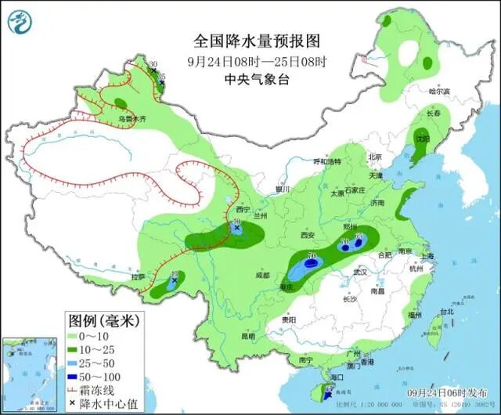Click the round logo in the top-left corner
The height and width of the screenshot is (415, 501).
coord(21,24)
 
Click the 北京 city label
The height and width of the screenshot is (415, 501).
coord(374,157)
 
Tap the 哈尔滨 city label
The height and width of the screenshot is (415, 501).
coord(439,92)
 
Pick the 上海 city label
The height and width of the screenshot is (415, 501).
coord(427,255)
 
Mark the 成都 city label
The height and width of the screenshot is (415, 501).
coord(261,275)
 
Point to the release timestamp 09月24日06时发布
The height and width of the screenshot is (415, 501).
coord(448,391)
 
